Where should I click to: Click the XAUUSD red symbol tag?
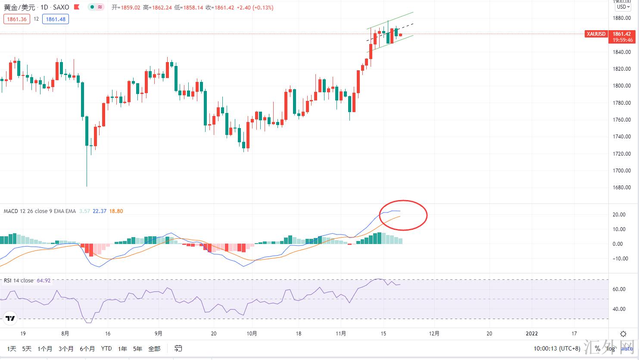pyautogui.click(x=596, y=34)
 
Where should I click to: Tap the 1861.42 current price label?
pyautogui.click(x=621, y=34)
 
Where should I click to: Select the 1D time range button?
pyautogui.click(x=12, y=348)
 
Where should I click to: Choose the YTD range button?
pyautogui.click(x=106, y=348)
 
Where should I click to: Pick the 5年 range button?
pyautogui.click(x=137, y=348)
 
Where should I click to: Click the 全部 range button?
pyautogui.click(x=154, y=348)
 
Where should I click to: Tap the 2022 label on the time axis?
pyautogui.click(x=532, y=333)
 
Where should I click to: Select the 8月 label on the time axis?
pyautogui.click(x=65, y=333)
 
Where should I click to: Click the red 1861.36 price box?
pyautogui.click(x=17, y=19)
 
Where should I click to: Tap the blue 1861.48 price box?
pyautogui.click(x=56, y=19)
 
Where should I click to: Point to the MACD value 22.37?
pyautogui.click(x=100, y=211)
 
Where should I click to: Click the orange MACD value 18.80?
pyautogui.click(x=116, y=211)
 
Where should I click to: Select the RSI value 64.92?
pyautogui.click(x=44, y=281)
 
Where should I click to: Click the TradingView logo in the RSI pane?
pyautogui.click(x=10, y=319)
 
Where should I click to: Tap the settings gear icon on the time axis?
pyautogui.click(x=623, y=334)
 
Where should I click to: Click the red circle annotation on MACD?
pyautogui.click(x=403, y=215)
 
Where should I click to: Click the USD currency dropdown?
pyautogui.click(x=623, y=7)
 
